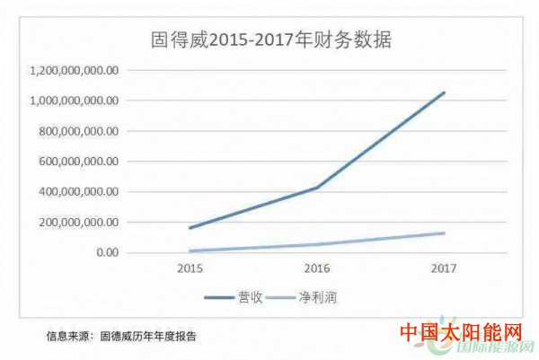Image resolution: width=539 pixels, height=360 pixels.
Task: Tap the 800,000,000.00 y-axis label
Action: [80, 131]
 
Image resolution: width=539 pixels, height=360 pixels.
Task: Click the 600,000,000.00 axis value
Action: [80, 162]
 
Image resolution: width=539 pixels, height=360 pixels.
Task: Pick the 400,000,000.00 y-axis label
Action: [80, 192]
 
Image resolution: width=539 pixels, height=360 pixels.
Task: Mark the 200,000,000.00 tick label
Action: [80, 223]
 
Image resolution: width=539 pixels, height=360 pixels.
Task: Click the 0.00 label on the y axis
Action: [106, 253]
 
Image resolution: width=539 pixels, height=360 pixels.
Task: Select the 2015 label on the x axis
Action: [190, 268]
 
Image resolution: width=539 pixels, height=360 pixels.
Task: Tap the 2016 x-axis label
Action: [316, 268]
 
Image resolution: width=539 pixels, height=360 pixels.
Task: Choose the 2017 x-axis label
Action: [444, 268]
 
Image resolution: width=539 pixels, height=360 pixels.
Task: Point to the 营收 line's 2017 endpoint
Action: [444, 92]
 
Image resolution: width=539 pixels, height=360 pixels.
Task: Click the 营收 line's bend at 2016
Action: [316, 188]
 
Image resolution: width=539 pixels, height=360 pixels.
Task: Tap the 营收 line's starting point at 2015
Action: [190, 228]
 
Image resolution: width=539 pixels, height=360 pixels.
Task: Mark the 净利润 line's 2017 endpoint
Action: [444, 233]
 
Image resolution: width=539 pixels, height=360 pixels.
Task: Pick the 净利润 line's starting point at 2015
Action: [190, 250]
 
